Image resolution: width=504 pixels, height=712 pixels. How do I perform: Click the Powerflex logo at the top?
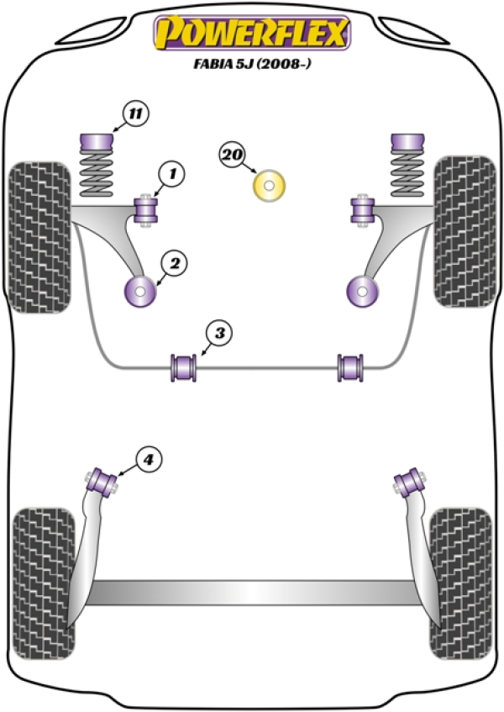pos(252,33)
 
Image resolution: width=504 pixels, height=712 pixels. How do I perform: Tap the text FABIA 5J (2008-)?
pos(252,64)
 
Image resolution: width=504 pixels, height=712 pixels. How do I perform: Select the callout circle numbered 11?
pos(135,113)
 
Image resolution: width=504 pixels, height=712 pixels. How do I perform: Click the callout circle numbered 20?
pos(233,156)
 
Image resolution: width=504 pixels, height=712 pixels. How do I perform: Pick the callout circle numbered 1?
pos(172,174)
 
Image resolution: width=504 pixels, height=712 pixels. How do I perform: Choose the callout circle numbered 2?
pos(175,263)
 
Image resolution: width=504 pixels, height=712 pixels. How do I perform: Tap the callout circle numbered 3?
pos(219,334)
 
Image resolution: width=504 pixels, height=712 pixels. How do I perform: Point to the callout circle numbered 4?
pos(149,461)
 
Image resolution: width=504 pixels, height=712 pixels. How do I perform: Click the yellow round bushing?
pos(269,186)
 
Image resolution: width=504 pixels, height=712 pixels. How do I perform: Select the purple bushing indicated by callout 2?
pos(140,291)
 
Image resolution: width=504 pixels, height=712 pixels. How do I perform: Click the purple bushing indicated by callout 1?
pos(145,210)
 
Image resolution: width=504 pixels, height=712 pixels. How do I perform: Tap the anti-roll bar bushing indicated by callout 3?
pos(184,367)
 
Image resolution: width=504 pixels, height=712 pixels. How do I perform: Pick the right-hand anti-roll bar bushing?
pos(349,367)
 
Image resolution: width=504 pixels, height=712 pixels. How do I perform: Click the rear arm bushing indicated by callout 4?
pos(103,483)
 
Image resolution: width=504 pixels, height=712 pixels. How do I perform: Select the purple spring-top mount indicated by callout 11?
pos(96,142)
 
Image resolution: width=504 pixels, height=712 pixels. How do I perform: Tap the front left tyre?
pos(40,237)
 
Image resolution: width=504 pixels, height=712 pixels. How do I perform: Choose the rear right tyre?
pos(460,583)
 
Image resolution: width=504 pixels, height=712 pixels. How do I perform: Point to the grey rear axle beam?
pos(252,593)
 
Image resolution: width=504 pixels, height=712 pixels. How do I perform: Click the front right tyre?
pos(464,232)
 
